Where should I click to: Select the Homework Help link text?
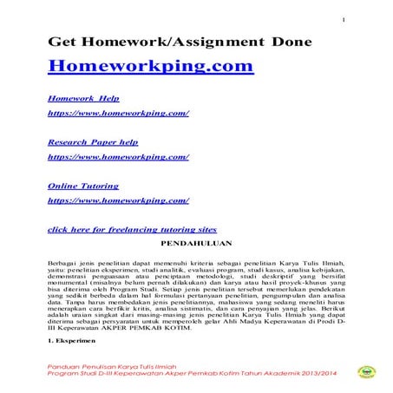point(88,99)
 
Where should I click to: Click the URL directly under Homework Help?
point(118,114)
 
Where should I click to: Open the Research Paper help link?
point(92,141)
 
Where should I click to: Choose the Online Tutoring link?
point(83,185)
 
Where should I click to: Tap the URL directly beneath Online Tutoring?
point(118,200)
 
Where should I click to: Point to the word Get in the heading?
point(60,43)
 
